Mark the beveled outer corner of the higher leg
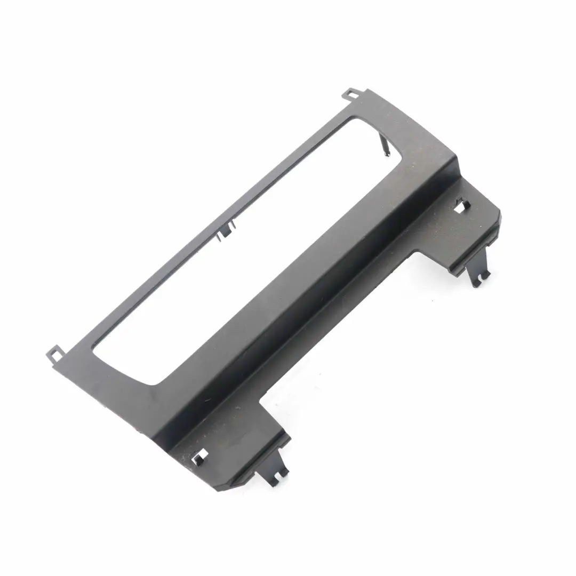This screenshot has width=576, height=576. tap(499, 213)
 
